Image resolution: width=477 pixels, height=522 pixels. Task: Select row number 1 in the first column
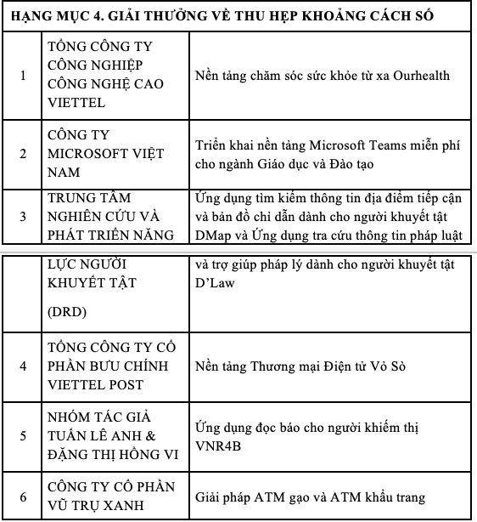point(23,75)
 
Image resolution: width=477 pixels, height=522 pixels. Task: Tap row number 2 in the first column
point(23,153)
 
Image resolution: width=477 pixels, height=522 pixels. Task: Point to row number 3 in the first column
point(23,216)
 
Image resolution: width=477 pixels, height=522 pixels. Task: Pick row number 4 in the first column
point(23,366)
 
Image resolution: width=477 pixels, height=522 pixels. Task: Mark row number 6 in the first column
point(23,497)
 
